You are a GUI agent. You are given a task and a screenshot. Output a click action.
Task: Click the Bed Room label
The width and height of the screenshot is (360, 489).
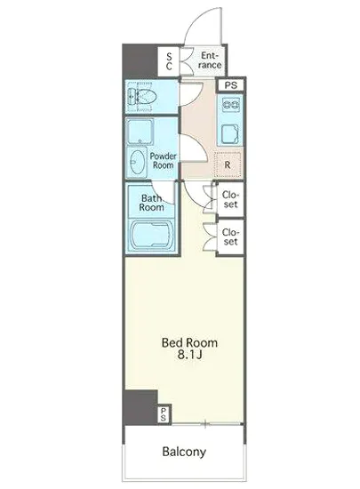189,342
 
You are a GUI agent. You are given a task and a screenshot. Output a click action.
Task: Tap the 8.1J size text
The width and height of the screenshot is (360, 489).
190,355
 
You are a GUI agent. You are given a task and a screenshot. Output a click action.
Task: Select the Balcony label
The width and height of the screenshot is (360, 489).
184,452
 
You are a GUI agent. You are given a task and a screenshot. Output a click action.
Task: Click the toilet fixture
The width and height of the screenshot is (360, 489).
142,97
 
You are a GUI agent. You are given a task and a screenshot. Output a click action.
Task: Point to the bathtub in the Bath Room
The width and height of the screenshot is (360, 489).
151,235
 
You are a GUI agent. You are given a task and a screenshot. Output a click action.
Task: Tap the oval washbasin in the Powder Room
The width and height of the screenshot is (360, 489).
137,162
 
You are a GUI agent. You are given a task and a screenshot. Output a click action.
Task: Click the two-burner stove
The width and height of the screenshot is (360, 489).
231,104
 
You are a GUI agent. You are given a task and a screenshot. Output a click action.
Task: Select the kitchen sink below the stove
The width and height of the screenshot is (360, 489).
230,134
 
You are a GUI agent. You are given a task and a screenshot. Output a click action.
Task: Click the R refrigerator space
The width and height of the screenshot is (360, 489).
228,164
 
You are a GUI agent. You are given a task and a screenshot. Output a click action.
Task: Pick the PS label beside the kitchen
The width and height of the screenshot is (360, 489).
231,84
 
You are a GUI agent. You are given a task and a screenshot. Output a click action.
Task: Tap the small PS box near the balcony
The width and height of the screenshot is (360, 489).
164,414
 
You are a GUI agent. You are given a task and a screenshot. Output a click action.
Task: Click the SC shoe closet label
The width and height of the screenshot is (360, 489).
169,61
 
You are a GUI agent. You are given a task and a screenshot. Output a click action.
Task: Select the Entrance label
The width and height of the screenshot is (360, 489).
210,60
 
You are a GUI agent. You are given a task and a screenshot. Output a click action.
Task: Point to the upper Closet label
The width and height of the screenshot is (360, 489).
230,199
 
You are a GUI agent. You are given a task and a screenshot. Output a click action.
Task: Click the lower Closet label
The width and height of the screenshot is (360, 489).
230,236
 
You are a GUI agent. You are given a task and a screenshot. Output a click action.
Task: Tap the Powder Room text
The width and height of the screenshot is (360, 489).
163,161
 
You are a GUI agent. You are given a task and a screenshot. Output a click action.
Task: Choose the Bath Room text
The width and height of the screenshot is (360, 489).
151,203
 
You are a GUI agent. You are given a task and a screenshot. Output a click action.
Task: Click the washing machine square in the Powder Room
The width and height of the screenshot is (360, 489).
140,132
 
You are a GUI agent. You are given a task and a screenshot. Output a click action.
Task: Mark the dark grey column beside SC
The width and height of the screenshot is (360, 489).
140,61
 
